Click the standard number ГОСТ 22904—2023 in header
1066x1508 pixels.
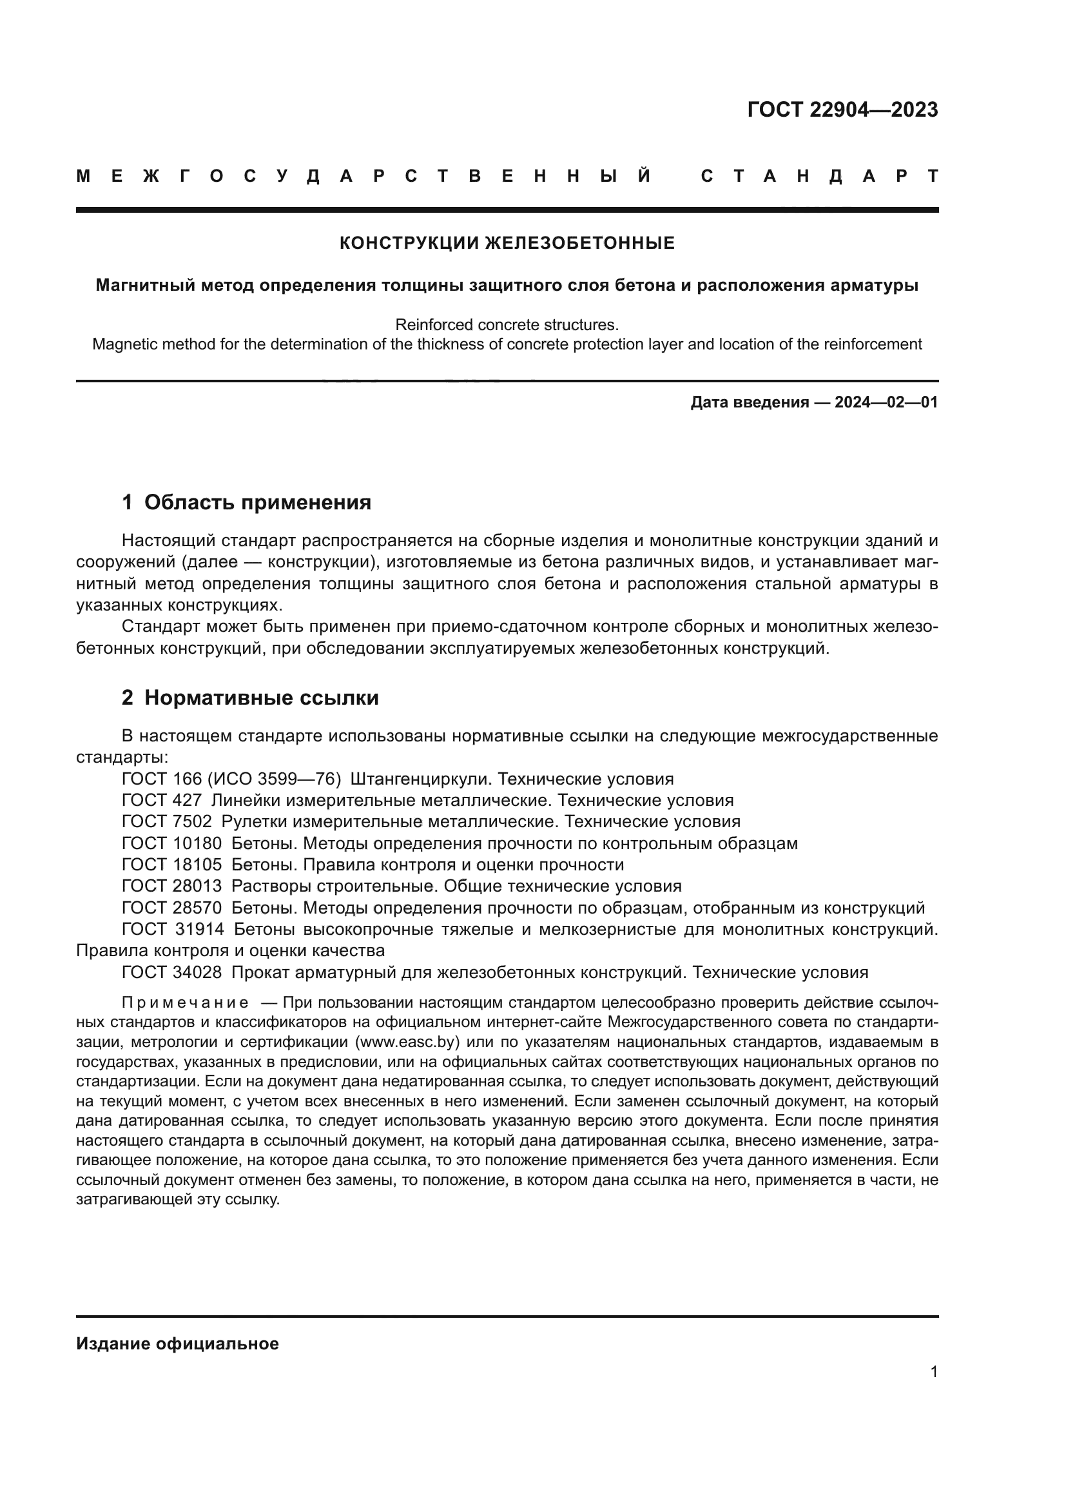click(842, 110)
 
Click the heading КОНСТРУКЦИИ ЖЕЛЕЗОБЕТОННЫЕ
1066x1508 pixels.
click(507, 243)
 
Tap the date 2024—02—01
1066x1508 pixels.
click(886, 402)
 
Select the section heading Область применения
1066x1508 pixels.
click(257, 502)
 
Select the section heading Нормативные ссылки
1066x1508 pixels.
click(261, 698)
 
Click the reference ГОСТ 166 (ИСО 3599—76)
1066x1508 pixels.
click(231, 779)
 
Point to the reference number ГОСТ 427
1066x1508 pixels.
click(162, 800)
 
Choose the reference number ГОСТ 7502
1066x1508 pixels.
click(167, 821)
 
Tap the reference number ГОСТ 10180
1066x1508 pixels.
click(172, 843)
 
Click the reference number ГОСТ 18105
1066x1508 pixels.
click(172, 865)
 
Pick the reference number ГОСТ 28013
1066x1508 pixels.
click(172, 886)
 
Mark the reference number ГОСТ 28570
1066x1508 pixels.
click(172, 908)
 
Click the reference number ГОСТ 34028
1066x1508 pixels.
click(172, 972)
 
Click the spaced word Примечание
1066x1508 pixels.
click(185, 1003)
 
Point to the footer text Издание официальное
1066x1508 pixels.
click(177, 1344)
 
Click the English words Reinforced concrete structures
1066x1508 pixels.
click(507, 324)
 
